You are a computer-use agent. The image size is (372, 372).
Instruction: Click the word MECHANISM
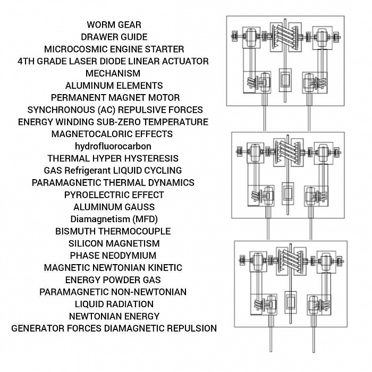113,73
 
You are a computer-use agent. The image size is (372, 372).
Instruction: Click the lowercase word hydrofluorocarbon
113,146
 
